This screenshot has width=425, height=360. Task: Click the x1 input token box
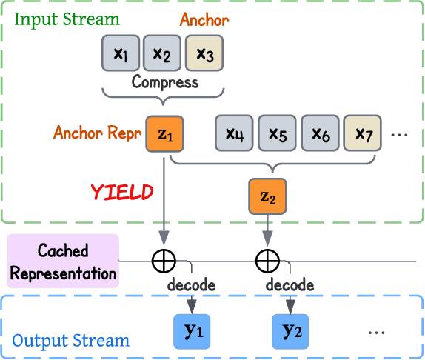(x=120, y=53)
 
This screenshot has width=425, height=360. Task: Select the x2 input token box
(x=161, y=53)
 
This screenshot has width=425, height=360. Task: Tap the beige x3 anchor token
(x=203, y=53)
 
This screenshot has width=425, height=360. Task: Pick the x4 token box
(x=234, y=133)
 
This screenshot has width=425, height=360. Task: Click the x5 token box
(x=277, y=133)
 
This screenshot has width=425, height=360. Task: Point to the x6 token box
(x=320, y=133)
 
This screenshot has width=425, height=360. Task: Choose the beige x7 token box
(x=362, y=133)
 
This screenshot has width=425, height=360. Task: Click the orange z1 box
(x=164, y=134)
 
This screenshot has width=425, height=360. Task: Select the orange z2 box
(x=267, y=196)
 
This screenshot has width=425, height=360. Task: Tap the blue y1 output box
(x=193, y=331)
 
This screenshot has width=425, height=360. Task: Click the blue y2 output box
(x=292, y=331)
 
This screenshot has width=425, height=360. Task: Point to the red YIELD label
(x=121, y=193)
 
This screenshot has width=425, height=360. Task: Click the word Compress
(x=164, y=82)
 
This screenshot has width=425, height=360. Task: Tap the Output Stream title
(x=70, y=341)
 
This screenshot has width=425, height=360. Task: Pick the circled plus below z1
(x=164, y=261)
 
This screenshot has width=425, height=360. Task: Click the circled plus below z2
(x=267, y=261)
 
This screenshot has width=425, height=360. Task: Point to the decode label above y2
(x=290, y=285)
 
